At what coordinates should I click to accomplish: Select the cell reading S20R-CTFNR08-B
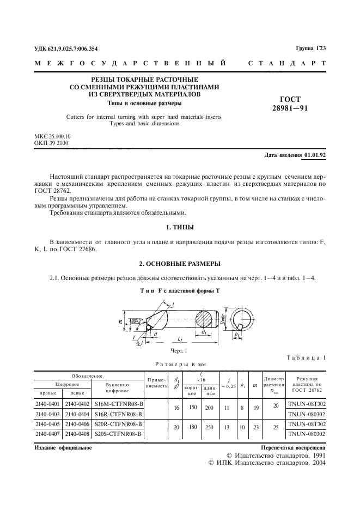pos(118,423)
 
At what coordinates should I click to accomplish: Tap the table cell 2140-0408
pos(76,433)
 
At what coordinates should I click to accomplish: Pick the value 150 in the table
pos(192,408)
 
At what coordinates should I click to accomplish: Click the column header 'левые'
pos(76,392)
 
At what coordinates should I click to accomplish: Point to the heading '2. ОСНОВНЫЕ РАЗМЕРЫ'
pos(179,264)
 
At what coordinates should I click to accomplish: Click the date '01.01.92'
pos(315,155)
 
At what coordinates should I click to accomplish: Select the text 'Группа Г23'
pos(310,48)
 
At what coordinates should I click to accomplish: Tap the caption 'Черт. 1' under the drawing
pos(178,350)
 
